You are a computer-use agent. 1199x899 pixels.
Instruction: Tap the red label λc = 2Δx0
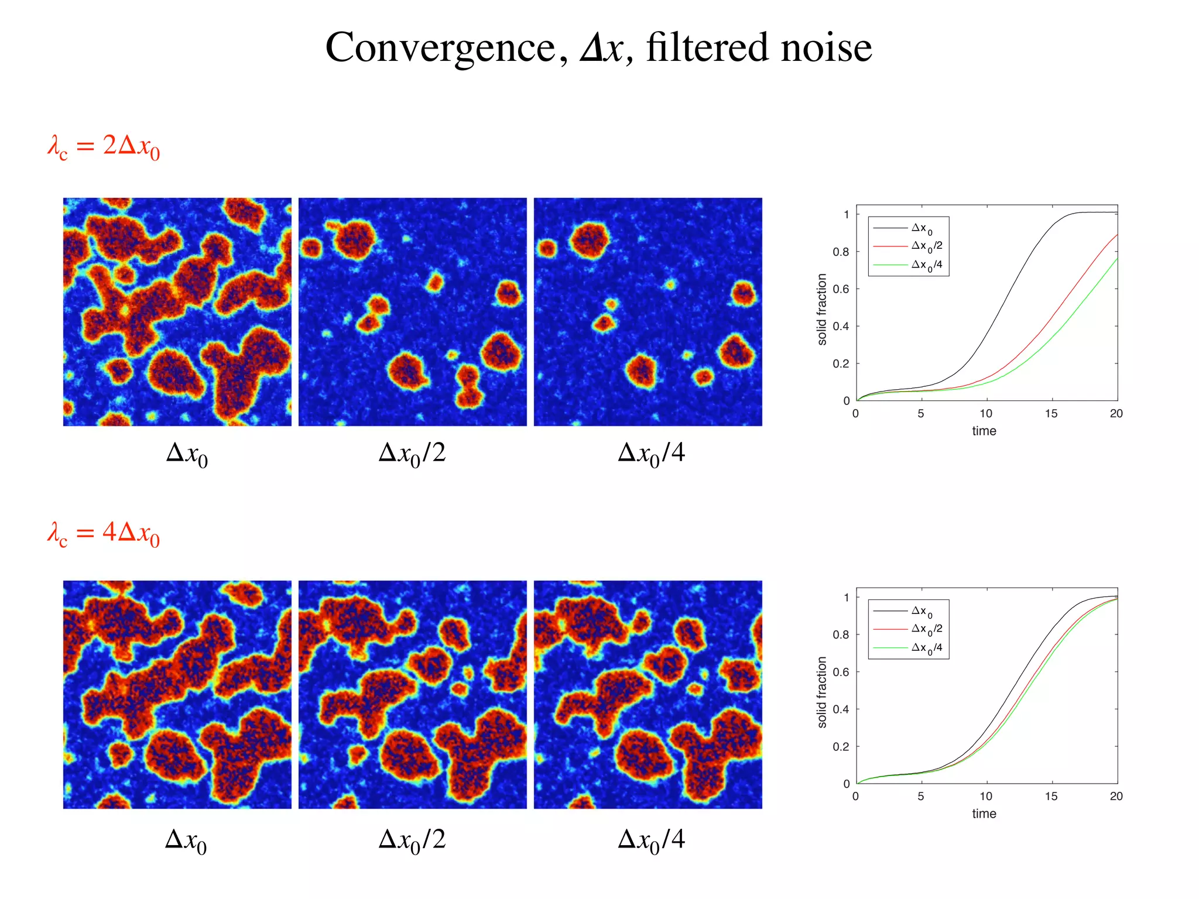click(x=104, y=146)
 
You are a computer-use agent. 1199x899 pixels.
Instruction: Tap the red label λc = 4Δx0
click(x=104, y=534)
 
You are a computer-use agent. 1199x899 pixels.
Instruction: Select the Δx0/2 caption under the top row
click(x=412, y=454)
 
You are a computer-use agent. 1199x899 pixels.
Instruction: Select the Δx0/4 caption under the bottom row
click(x=651, y=840)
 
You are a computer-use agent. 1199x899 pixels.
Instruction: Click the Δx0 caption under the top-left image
click(x=187, y=454)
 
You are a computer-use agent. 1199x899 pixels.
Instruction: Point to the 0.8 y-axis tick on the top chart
click(x=841, y=252)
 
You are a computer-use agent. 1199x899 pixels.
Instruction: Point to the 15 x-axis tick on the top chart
click(x=1051, y=414)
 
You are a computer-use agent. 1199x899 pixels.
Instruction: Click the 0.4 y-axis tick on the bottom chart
click(x=841, y=709)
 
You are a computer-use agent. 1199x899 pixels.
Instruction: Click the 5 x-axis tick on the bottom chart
click(x=921, y=797)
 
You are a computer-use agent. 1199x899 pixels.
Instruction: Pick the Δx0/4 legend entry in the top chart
click(x=927, y=265)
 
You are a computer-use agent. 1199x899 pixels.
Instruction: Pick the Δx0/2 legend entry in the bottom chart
click(x=927, y=629)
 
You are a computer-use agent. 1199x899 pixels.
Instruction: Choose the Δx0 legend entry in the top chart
click(x=922, y=228)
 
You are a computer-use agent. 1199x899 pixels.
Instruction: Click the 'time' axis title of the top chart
click(x=984, y=431)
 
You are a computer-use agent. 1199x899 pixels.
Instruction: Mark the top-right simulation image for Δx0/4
click(x=648, y=312)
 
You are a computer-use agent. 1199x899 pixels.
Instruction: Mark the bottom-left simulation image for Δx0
click(x=177, y=695)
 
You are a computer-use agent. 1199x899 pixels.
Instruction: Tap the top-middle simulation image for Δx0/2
click(x=413, y=312)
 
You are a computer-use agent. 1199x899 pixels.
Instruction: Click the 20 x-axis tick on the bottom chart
click(x=1116, y=797)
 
